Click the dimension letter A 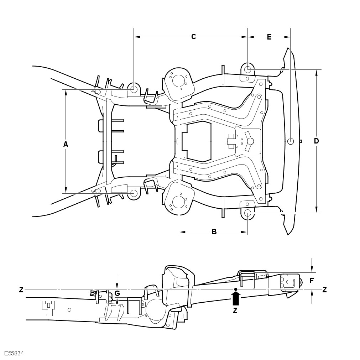66,144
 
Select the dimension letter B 214,232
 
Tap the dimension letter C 194,37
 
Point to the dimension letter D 316,141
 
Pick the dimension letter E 269,37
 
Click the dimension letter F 312,280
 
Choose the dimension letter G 117,293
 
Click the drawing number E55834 14,353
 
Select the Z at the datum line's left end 21,290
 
